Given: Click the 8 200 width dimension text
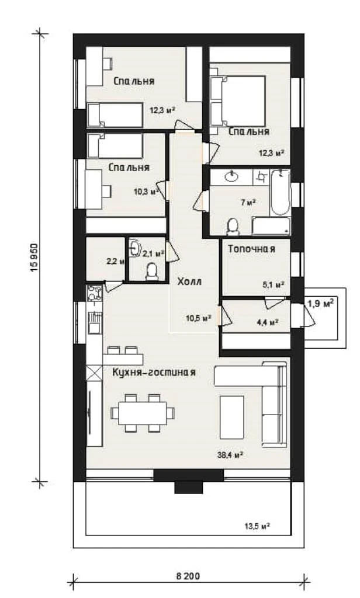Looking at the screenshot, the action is (188, 576).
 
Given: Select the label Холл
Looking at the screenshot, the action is (189, 282).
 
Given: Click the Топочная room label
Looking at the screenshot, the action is (251, 249).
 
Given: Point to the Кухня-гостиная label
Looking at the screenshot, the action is (154, 372).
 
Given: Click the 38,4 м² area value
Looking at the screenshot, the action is (231, 454).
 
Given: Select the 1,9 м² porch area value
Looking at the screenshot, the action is (321, 304).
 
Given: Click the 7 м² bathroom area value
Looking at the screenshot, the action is (248, 202).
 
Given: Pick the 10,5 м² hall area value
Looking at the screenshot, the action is (199, 318).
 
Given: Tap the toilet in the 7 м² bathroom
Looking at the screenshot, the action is (233, 227).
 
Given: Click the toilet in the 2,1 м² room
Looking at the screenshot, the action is (153, 272).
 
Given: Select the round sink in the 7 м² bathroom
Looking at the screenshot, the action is (232, 176).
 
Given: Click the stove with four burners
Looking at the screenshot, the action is (94, 293).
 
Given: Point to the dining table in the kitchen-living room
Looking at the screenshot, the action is (143, 413).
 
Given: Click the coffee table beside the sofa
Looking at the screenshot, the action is (232, 417).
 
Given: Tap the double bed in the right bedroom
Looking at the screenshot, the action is (238, 100).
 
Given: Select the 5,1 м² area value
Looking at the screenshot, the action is (274, 284).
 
